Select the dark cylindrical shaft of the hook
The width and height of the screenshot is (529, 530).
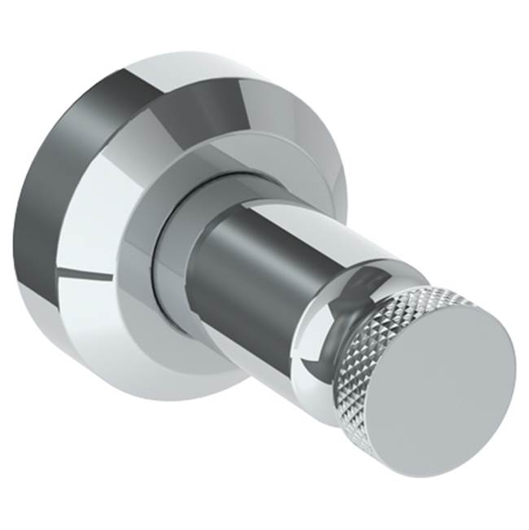(244, 269)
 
